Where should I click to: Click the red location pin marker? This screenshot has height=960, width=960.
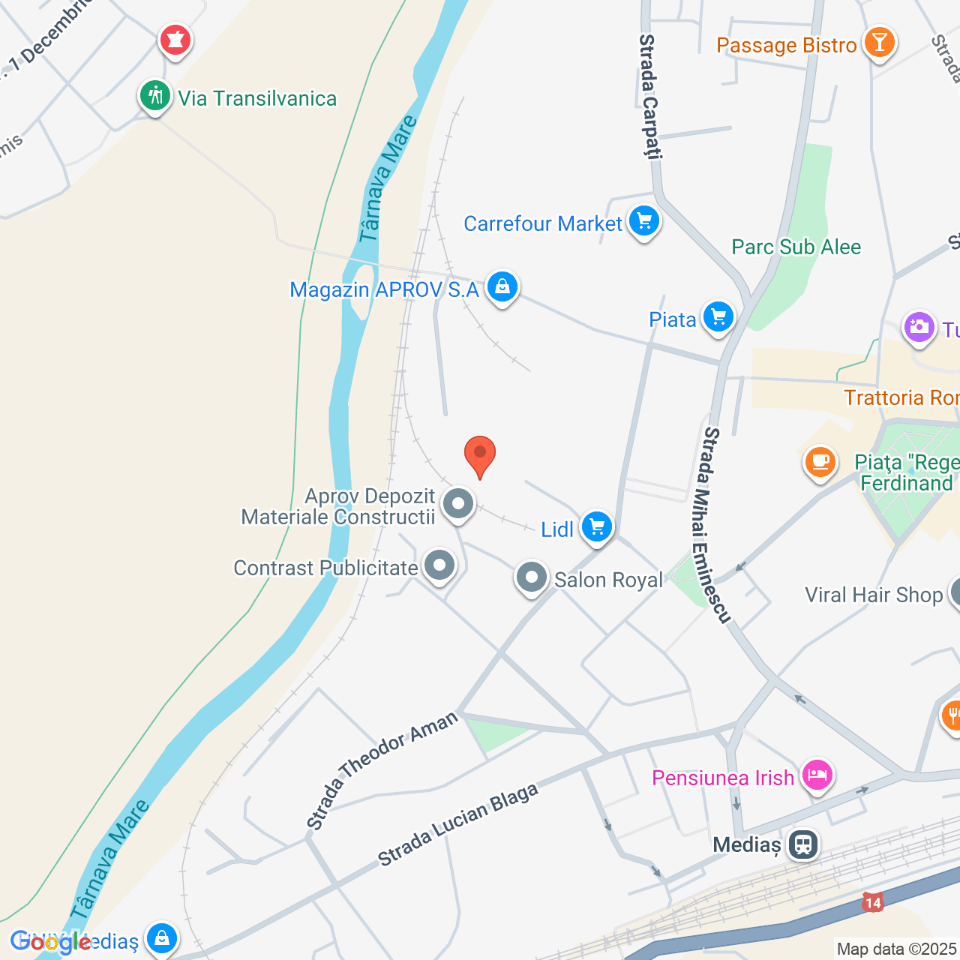[480, 454]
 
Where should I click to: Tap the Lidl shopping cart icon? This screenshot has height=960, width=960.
[597, 526]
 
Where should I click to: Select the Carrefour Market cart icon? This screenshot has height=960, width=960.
[643, 221]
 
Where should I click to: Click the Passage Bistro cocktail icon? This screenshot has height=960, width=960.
[879, 43]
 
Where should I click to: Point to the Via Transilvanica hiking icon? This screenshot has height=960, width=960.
[155, 97]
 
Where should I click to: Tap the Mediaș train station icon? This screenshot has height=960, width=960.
[803, 844]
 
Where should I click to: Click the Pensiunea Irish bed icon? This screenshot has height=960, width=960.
[817, 775]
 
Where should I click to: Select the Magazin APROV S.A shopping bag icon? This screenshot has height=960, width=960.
[502, 287]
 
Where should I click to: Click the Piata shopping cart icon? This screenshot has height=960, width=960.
[718, 317]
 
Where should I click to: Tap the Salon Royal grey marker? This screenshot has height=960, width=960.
[532, 578]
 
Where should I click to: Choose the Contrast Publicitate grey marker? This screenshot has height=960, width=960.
[439, 565]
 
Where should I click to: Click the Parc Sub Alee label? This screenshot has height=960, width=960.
[796, 247]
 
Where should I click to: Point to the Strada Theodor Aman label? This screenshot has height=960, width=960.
[382, 770]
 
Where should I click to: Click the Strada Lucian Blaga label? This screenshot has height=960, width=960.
[457, 824]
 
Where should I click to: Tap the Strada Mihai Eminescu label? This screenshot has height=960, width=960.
[715, 525]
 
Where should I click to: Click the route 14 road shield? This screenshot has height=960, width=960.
[872, 902]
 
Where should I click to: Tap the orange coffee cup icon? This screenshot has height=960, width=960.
[820, 460]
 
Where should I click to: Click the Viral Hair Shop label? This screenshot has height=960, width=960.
[873, 595]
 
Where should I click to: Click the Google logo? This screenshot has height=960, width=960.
[51, 942]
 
